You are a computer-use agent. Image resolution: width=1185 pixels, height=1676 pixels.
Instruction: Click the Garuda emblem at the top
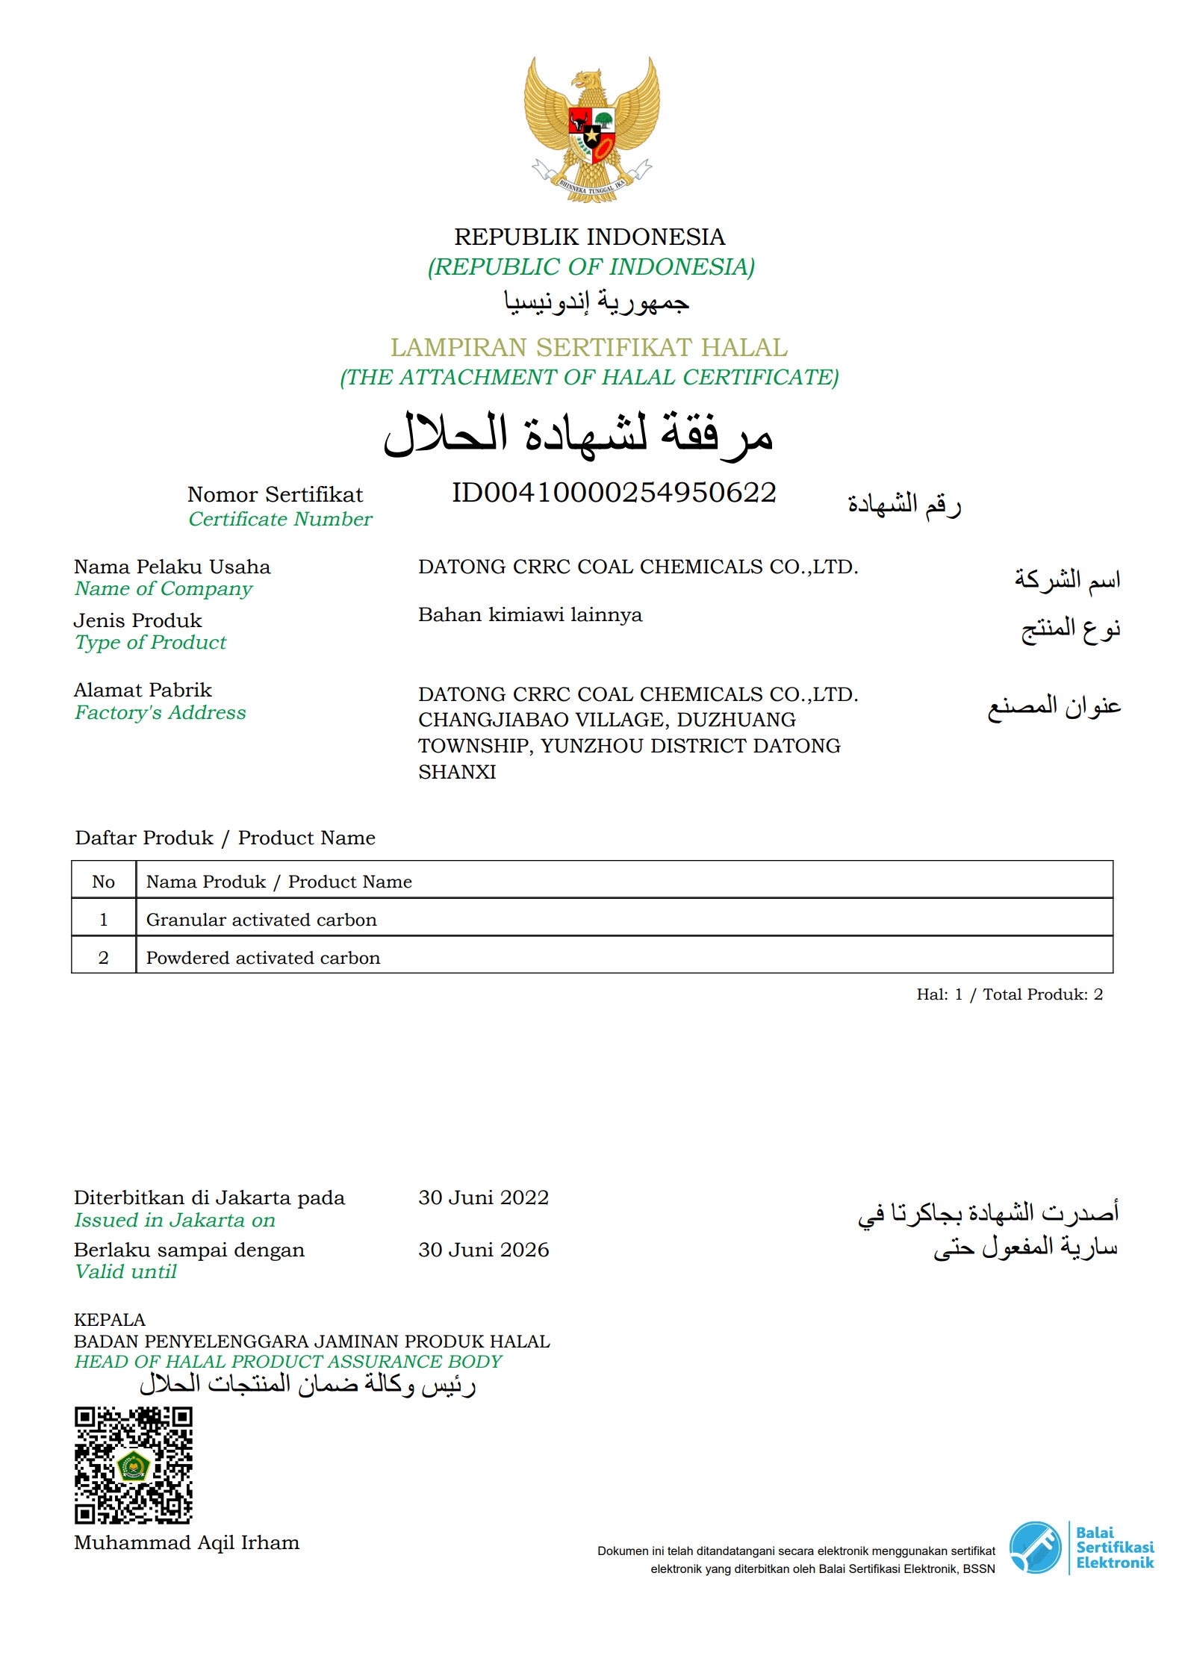point(591,128)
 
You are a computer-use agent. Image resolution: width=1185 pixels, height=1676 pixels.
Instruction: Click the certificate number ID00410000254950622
point(614,493)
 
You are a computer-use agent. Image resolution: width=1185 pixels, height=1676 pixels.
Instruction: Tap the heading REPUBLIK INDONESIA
point(590,237)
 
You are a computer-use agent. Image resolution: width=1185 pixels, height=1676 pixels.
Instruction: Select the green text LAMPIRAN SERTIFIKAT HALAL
point(589,347)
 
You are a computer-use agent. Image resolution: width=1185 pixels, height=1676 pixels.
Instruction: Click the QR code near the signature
point(134,1465)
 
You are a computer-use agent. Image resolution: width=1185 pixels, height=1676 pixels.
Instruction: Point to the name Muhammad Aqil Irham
point(187,1542)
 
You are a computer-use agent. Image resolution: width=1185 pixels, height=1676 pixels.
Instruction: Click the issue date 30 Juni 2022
point(483,1197)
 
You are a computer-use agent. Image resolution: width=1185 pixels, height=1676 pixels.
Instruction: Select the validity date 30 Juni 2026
point(483,1250)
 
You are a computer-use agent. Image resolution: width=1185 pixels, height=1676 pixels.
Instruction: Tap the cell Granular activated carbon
point(261,920)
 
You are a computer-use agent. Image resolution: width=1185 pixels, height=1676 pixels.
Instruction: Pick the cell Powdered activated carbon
point(263,958)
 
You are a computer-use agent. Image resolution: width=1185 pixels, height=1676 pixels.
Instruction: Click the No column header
point(104,882)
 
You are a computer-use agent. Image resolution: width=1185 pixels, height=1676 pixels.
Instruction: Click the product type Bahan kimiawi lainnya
point(530,614)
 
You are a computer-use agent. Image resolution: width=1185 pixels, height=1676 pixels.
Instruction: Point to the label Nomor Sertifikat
point(275,494)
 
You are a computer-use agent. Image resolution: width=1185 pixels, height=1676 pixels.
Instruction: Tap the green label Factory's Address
point(160,713)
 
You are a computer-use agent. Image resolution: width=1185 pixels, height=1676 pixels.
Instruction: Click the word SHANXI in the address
point(457,772)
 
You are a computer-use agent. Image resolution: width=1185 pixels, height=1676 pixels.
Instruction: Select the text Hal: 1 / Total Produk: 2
point(1010,994)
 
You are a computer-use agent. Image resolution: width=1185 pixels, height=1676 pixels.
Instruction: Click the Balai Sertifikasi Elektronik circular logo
point(1035,1548)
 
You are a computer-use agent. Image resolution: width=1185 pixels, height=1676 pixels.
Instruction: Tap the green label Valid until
point(125,1272)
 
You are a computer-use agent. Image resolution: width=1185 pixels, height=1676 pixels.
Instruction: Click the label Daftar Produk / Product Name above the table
point(225,838)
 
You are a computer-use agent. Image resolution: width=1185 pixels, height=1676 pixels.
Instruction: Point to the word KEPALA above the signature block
point(110,1320)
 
